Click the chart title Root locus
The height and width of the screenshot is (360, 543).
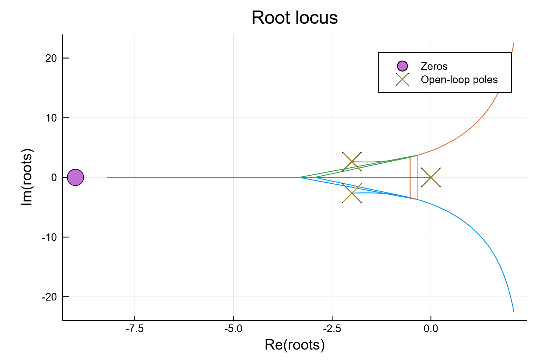pos(295,18)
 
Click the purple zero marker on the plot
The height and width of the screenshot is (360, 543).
pos(75,177)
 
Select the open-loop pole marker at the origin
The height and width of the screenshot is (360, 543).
pos(431,177)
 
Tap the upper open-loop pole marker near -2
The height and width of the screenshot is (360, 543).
pos(352,162)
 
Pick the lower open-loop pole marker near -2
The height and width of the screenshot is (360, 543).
pos(352,193)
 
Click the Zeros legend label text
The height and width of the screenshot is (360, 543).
pos(434,66)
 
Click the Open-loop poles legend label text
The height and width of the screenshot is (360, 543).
pos(459,80)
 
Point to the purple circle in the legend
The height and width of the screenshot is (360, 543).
pos(403,66)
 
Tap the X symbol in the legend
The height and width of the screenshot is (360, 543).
pos(403,80)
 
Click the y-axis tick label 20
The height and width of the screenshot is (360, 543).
pos(51,58)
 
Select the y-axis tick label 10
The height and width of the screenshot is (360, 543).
pos(51,118)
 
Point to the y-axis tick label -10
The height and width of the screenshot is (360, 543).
pos(49,237)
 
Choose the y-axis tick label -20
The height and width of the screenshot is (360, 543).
pos(49,297)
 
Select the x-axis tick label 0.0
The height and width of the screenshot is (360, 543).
pos(431,329)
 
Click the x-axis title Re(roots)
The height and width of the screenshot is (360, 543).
pos(295,345)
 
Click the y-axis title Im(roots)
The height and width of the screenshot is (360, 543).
pos(27,177)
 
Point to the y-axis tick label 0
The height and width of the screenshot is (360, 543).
pos(54,178)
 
